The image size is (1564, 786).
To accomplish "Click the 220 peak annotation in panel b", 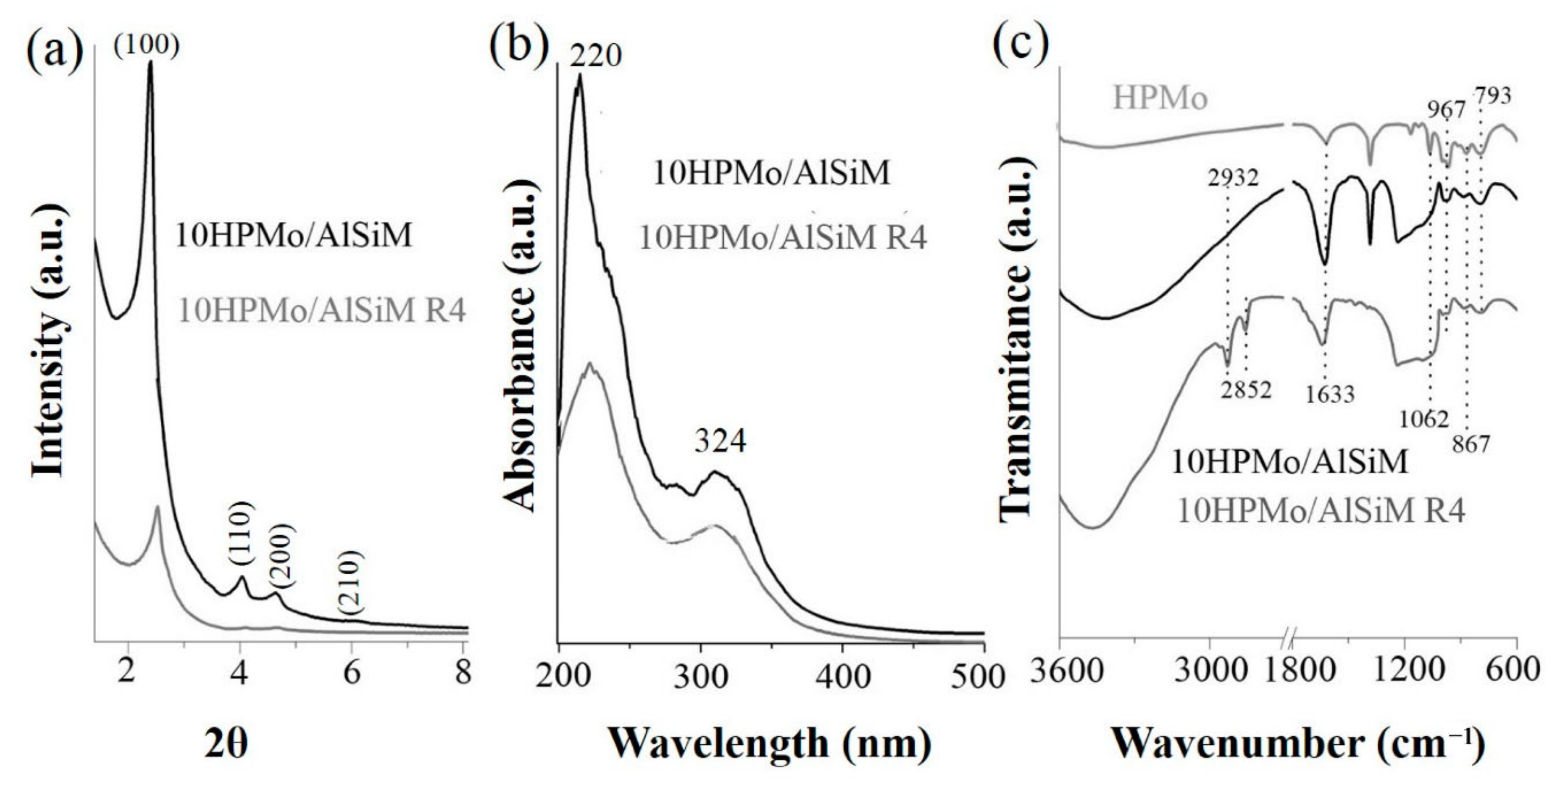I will [x=596, y=56].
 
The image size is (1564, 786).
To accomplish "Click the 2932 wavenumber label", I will [x=1233, y=177].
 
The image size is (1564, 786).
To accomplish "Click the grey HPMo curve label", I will [x=1160, y=99].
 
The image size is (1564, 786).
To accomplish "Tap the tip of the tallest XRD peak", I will [x=150, y=63].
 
